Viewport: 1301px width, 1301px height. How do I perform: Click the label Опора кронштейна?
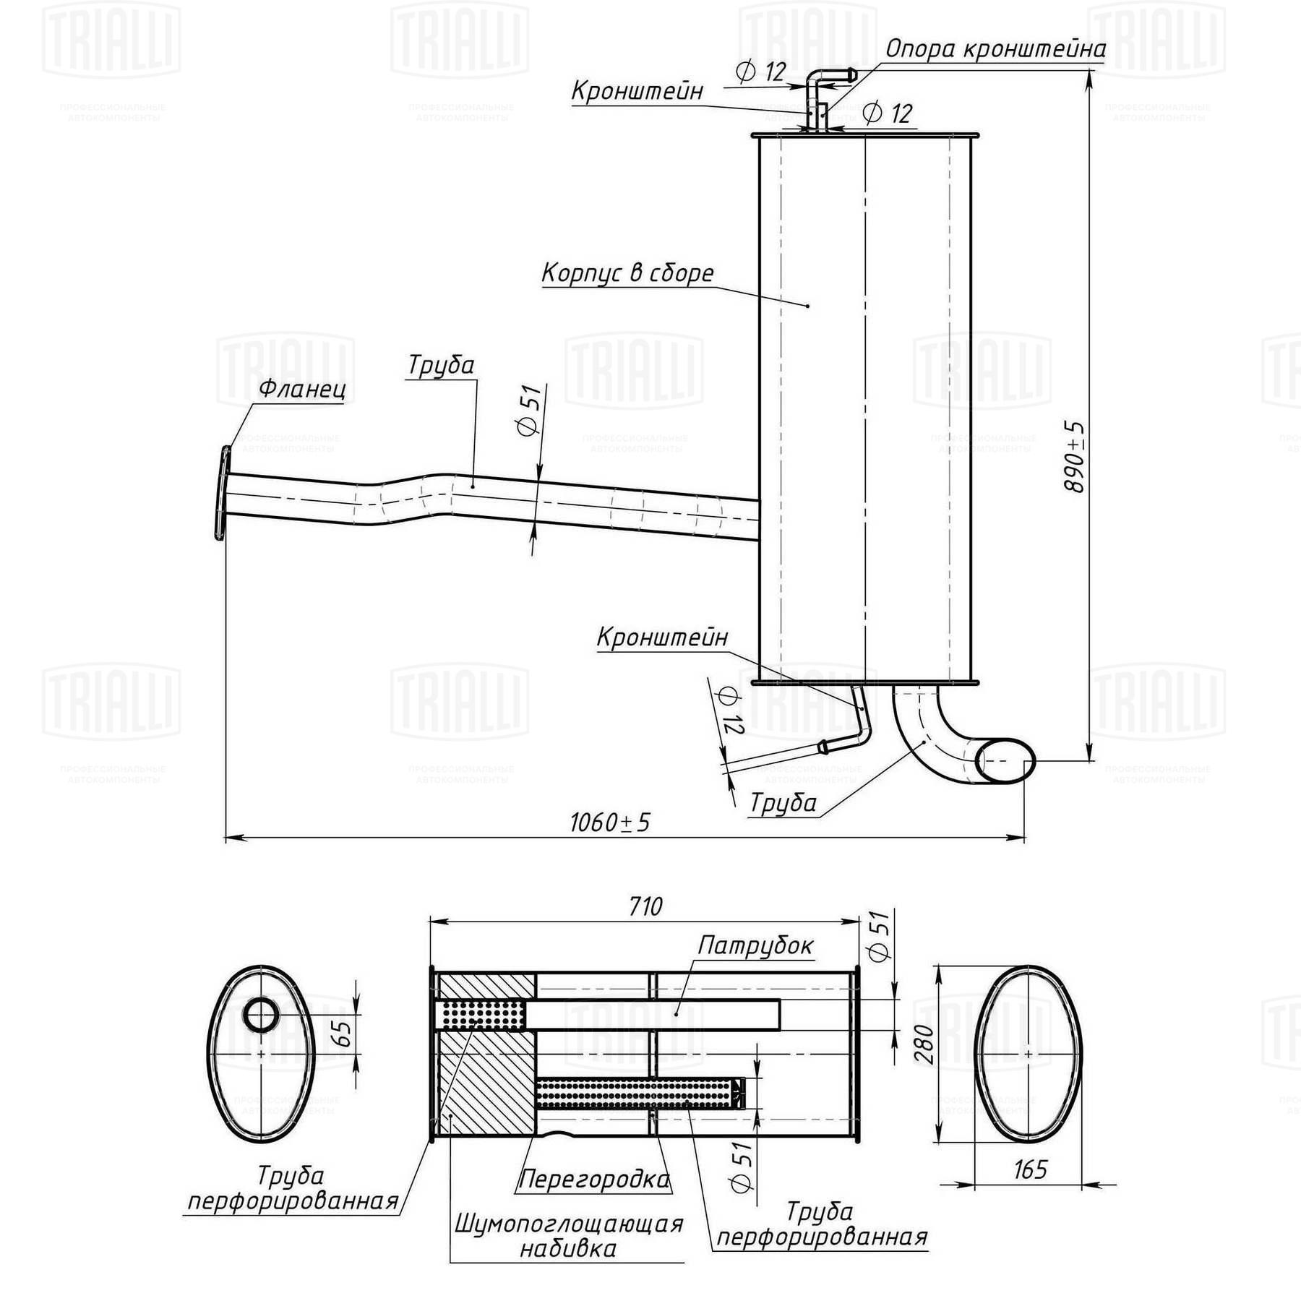pos(995,49)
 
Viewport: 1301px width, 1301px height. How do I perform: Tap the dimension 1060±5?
pos(610,823)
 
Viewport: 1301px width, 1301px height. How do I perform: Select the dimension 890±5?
pos(1074,457)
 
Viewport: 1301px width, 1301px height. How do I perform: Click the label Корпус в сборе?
pos(627,273)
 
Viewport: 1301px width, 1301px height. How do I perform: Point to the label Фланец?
pos(302,389)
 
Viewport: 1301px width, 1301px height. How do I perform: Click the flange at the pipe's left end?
pos(223,493)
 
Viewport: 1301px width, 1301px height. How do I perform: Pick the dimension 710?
pos(645,906)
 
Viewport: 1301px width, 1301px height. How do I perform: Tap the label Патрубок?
pos(755,945)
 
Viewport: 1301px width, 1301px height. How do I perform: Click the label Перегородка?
pos(593,1180)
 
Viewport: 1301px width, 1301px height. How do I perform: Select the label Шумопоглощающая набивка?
pos(569,1236)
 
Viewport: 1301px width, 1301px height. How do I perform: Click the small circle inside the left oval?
pos(260,1016)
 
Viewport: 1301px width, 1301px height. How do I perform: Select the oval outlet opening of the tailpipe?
pos(1005,760)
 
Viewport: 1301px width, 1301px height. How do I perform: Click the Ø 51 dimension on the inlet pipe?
pos(530,410)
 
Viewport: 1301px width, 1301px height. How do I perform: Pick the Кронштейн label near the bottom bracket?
pos(662,637)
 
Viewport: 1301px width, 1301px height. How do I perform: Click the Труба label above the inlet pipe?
pos(441,365)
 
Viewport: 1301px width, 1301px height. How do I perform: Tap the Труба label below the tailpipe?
pos(783,803)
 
